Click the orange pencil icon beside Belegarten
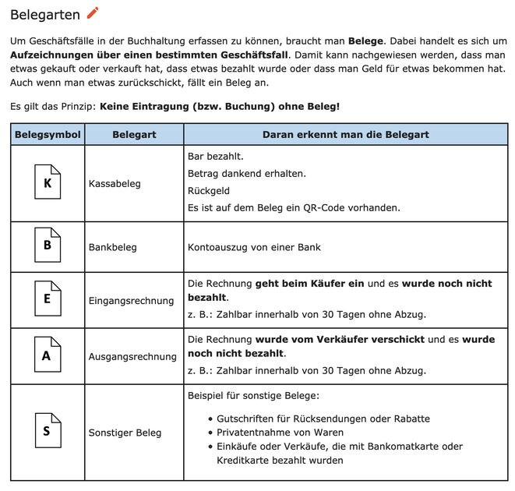pos(93,12)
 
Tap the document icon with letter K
pos(48,183)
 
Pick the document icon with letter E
pos(48,299)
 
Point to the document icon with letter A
pos(48,355)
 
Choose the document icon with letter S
pos(48,432)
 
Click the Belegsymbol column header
pos(48,134)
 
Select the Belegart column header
pos(134,134)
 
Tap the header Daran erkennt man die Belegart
pos(345,134)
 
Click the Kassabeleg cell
pos(115,184)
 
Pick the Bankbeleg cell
pos(113,247)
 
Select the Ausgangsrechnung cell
pos(132,356)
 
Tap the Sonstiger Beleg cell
pos(125,433)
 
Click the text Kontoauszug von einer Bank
pos(254,247)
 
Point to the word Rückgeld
pos(209,191)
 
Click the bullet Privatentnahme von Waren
pos(280,433)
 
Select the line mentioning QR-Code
pos(294,208)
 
